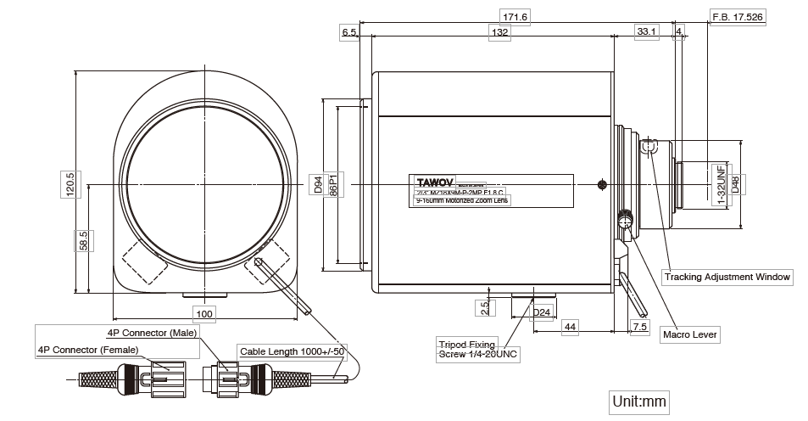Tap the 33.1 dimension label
646,32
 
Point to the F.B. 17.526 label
738,17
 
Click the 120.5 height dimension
70,184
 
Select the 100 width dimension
204,314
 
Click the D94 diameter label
318,184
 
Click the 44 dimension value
571,326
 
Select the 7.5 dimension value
639,326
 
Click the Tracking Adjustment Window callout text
727,277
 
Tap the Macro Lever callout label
690,335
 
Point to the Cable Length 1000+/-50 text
293,350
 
